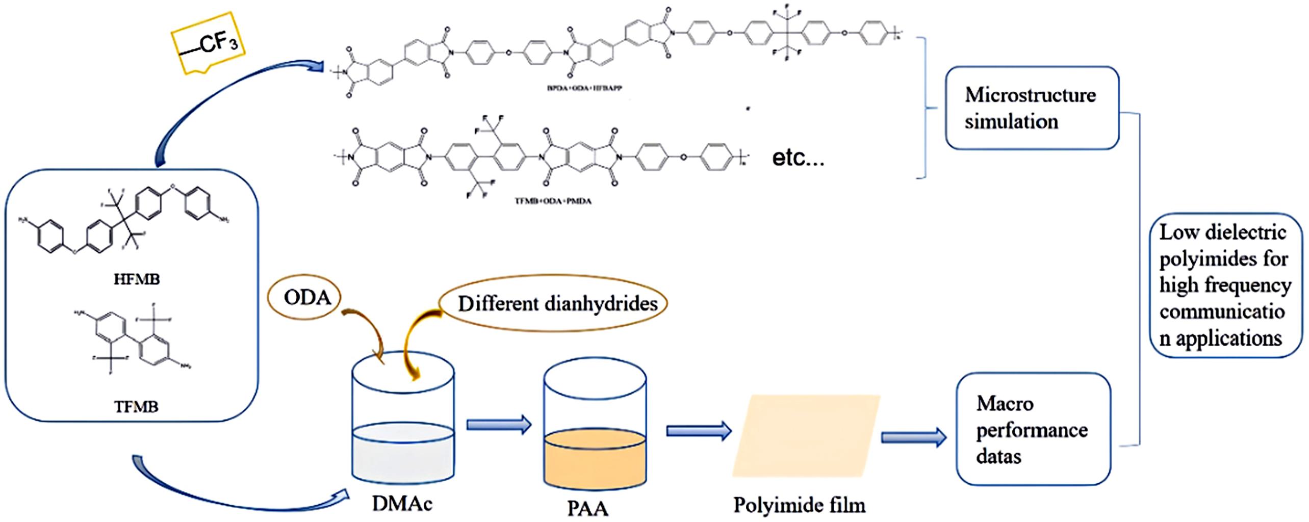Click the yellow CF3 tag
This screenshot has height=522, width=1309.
[208, 45]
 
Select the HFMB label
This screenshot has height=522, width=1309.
[136, 279]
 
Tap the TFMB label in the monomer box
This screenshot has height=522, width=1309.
[136, 406]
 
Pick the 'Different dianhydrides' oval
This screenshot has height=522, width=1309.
[557, 303]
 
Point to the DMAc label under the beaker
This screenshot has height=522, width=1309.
[402, 504]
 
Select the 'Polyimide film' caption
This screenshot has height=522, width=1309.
[799, 505]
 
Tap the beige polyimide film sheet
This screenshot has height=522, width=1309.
[806, 436]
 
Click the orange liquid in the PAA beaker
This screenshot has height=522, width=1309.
[595, 461]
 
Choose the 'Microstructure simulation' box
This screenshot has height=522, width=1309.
[1032, 108]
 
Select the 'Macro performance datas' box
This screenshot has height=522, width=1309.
[1033, 429]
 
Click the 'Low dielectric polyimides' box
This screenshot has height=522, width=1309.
[1225, 285]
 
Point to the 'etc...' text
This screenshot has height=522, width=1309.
[798, 158]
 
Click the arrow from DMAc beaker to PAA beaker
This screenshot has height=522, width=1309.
[499, 424]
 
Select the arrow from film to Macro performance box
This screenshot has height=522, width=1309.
[913, 437]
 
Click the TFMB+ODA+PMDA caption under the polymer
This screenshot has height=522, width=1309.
[553, 201]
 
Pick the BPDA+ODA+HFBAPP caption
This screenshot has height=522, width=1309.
[584, 88]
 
